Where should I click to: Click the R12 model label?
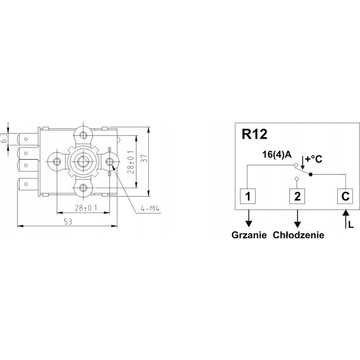coord(255,134)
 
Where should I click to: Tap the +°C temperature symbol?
coord(313,159)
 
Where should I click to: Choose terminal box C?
coord(345,196)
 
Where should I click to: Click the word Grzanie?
coord(249,235)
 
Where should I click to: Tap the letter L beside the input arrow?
coord(351,224)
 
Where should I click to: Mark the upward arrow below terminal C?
coord(345,219)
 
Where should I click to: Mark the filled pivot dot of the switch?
coord(311,174)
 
